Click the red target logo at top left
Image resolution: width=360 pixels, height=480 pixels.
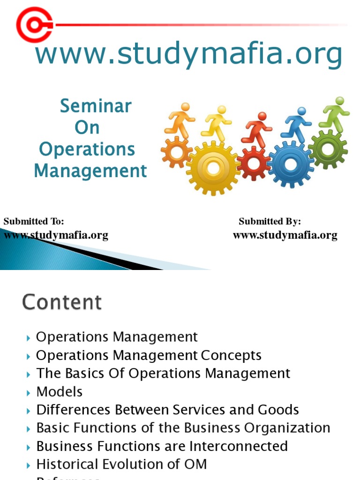coord(34,24)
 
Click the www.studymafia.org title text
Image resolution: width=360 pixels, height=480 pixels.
coord(188,54)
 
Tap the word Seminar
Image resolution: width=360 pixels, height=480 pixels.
coord(95,106)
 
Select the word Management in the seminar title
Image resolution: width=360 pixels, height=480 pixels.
coord(90,171)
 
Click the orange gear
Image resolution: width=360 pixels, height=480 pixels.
coord(176,152)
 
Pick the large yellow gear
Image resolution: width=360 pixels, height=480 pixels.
coord(213,167)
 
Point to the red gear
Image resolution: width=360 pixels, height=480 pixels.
coord(254,163)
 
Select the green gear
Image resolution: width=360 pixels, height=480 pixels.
coord(328,150)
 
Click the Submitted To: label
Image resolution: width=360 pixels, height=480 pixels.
coord(34,221)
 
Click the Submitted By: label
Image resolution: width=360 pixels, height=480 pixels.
coord(270,221)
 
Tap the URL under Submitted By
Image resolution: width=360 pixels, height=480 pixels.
coord(285,235)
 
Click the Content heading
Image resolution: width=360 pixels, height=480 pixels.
coord(61,302)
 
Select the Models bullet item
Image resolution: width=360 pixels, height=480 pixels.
coord(59,392)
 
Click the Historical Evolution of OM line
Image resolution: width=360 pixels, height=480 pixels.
coord(121,464)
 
